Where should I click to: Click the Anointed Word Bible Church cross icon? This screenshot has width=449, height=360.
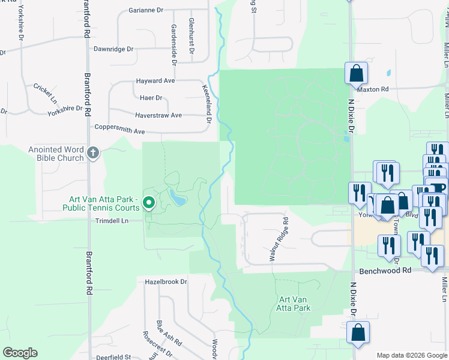[92, 153]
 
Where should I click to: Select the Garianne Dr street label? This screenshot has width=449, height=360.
[146, 10]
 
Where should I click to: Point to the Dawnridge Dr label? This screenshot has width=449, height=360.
[113, 49]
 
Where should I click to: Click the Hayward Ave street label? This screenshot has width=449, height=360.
[155, 80]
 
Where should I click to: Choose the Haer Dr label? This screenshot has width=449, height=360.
[150, 98]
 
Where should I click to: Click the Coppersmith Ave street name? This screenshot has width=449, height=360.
[120, 130]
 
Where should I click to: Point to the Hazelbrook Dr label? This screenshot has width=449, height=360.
[166, 281]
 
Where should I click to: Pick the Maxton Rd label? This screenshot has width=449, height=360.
[373, 89]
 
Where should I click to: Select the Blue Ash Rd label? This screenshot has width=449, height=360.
[169, 332]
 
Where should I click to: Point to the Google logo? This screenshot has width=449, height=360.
[20, 353]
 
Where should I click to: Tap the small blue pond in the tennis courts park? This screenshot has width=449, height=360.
[176, 197]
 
